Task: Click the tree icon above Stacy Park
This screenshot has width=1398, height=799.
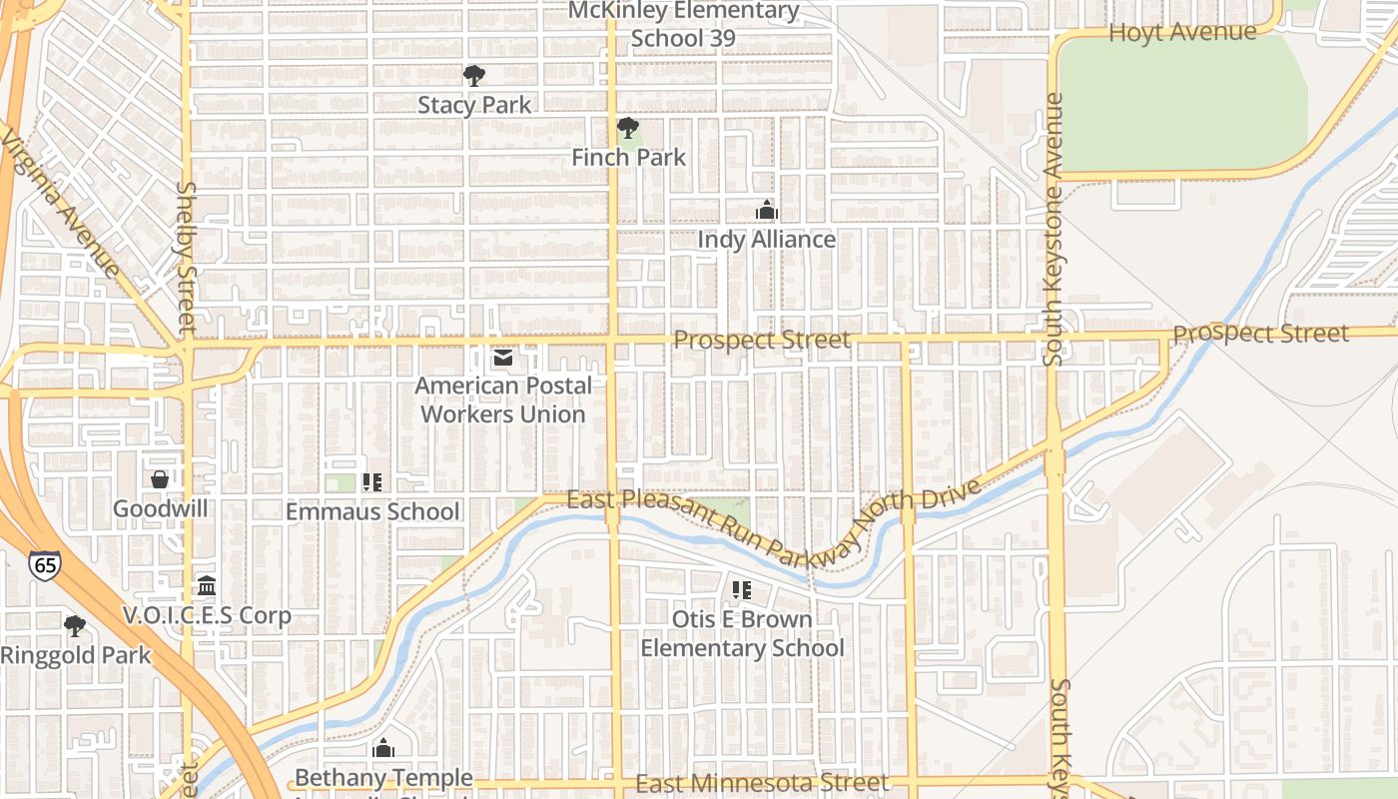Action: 474,75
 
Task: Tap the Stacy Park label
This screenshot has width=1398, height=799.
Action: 474,105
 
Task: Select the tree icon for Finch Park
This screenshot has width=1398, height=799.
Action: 627,128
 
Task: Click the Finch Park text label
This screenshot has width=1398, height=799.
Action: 629,157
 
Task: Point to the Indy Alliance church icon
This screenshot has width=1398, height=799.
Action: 767,210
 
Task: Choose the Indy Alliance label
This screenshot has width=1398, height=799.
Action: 766,240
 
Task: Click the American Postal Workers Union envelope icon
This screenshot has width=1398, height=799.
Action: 502,357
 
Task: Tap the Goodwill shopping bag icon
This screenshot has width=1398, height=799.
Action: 160,479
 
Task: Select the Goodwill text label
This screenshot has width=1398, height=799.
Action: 160,508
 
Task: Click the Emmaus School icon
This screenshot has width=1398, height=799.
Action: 372,482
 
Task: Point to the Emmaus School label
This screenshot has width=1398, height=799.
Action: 372,511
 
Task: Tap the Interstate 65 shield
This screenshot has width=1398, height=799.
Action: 44,565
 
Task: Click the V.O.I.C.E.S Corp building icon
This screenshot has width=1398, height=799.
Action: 207,585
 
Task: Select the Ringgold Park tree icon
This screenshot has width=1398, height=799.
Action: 74,626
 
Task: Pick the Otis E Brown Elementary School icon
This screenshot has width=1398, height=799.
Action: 741,590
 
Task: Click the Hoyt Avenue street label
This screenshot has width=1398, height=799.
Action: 1182,32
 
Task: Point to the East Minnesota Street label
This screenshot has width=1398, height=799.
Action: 761,783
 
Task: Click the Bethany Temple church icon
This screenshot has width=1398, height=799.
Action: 383,748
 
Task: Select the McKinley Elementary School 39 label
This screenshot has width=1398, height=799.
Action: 684,24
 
